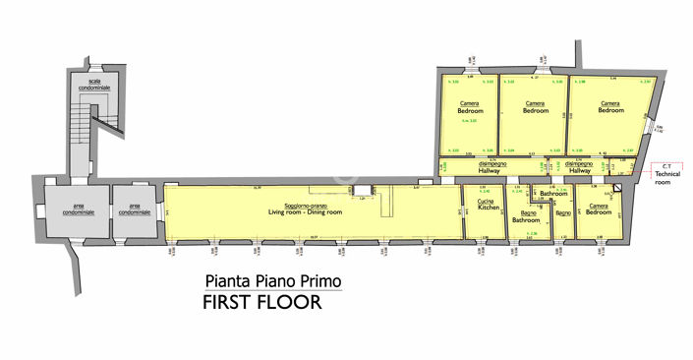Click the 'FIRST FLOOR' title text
pyautogui.click(x=261, y=302)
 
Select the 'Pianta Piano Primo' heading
pyautogui.click(x=273, y=280)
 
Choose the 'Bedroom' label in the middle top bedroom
pyautogui.click(x=535, y=111)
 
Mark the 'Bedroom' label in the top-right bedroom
pyautogui.click(x=610, y=111)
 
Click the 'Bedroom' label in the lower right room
pyautogui.click(x=599, y=212)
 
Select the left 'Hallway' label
pyautogui.click(x=490, y=171)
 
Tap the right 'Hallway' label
pyautogui.click(x=578, y=171)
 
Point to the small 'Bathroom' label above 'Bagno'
pyautogui.click(x=552, y=195)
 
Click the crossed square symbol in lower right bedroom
pyautogui.click(x=616, y=188)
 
